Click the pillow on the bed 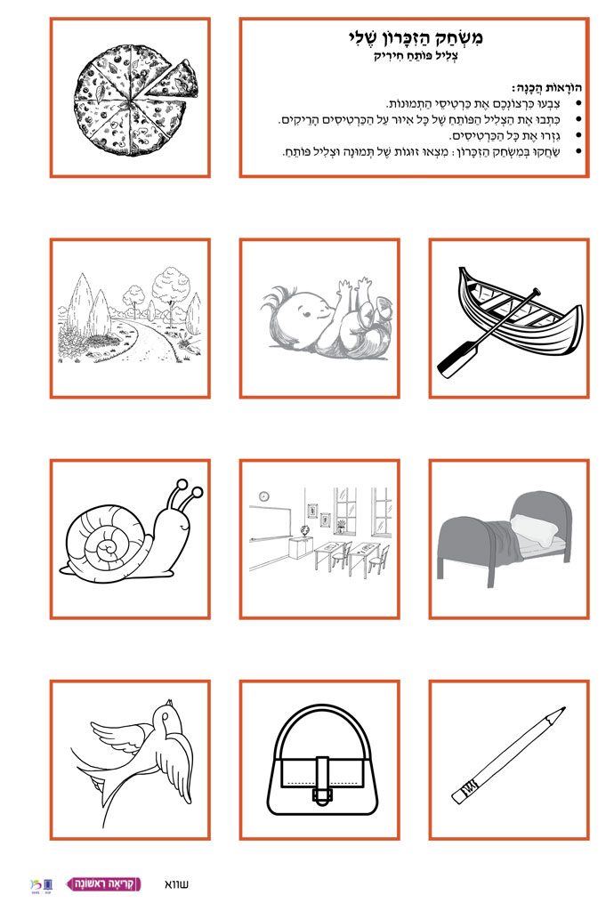click(x=534, y=529)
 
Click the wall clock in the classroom click(x=263, y=496)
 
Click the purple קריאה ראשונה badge click(x=104, y=883)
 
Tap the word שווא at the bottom click(x=176, y=884)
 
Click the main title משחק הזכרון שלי click(x=416, y=37)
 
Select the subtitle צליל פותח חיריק click(x=416, y=57)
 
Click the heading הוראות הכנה click(x=546, y=88)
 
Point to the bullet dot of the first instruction click(x=578, y=104)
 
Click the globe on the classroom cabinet click(x=303, y=531)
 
